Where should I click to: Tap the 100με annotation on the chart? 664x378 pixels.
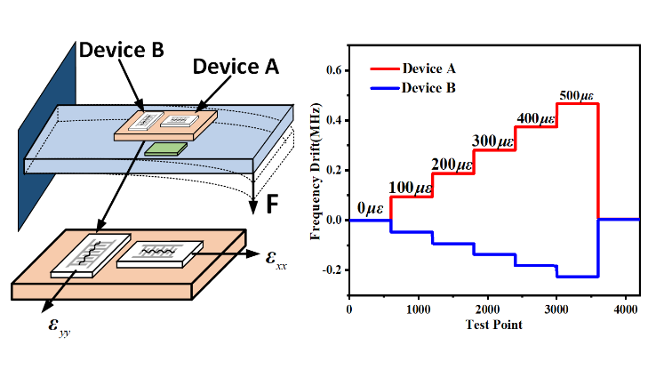(413, 188)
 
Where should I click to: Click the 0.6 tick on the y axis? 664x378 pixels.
(333, 69)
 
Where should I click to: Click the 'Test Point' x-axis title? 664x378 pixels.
(493, 324)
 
